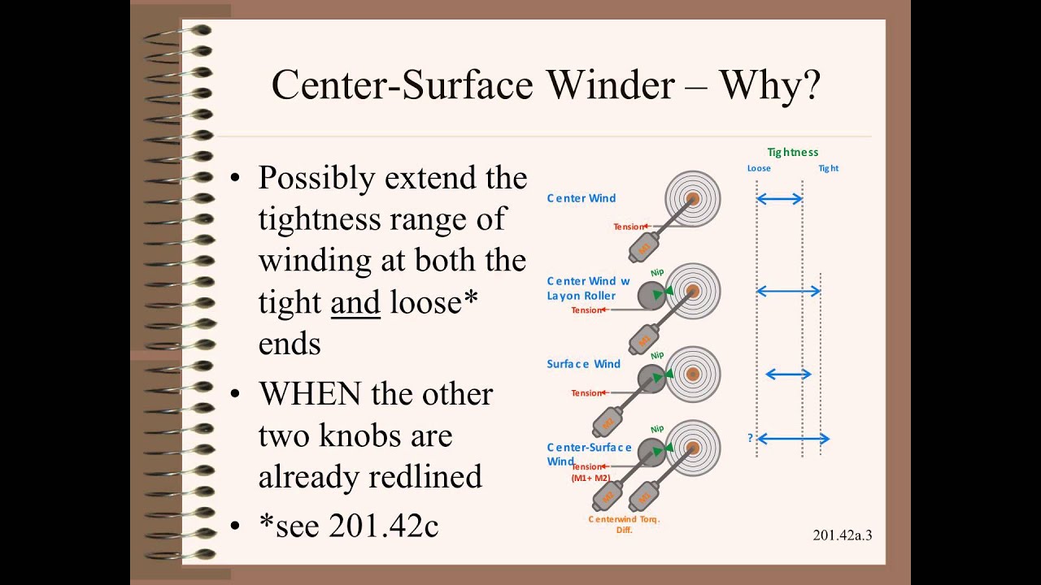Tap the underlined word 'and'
(355, 302)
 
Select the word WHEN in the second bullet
(309, 394)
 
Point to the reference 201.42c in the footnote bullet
(384, 526)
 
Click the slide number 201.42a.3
(842, 535)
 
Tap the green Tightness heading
(792, 152)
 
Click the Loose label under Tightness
(759, 168)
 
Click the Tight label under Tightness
(828, 168)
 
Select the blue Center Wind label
(581, 198)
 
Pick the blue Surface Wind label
(583, 364)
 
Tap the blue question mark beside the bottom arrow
(750, 439)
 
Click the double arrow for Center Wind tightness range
(779, 198)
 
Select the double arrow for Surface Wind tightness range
(788, 374)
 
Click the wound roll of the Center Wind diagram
(693, 198)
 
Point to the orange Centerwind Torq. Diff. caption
(624, 524)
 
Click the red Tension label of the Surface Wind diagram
(587, 393)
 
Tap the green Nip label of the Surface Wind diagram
(657, 355)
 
